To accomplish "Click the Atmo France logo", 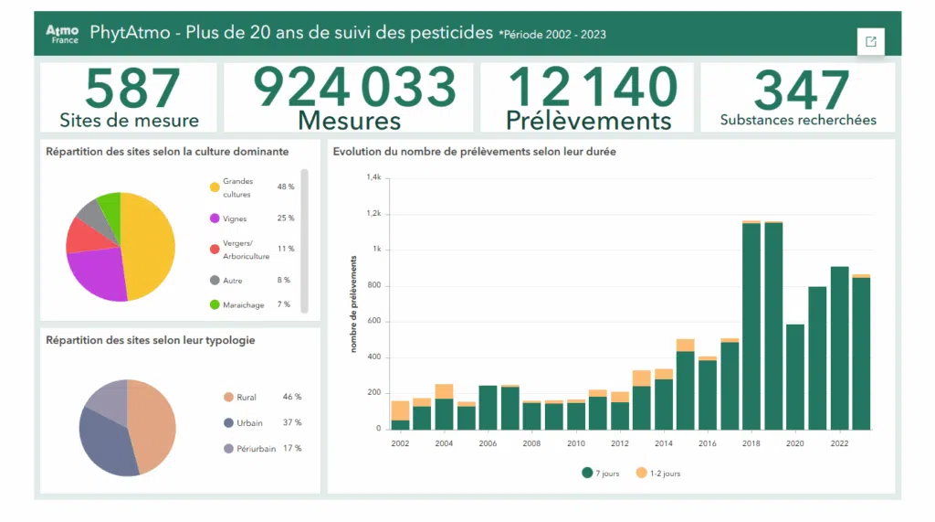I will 62,34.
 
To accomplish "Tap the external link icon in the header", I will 870,41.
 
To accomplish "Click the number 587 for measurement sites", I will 129,88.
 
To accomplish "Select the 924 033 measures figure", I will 353,87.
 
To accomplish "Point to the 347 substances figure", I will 798,91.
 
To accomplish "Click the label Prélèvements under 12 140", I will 588,121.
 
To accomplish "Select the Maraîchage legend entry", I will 243,304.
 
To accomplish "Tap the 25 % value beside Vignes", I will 286,218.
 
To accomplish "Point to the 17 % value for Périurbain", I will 292,448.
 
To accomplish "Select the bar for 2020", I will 794,377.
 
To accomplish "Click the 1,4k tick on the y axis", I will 373,177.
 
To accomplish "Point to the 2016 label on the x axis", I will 708,443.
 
